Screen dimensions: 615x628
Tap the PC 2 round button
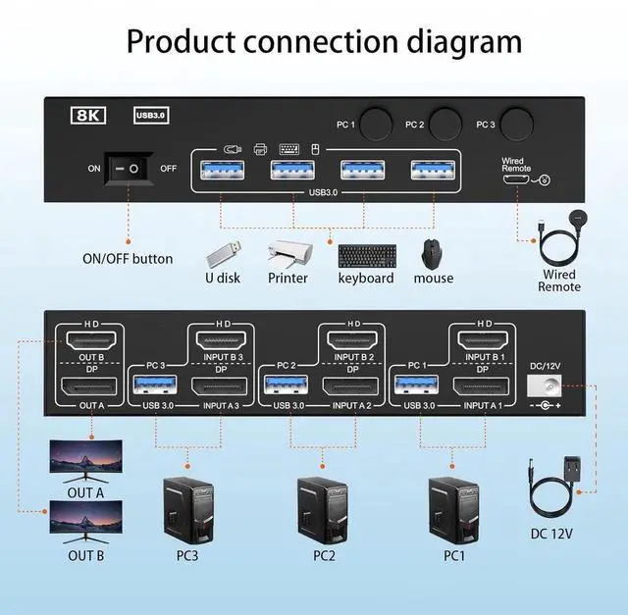coord(445,125)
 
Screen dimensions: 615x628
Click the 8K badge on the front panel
coord(90,115)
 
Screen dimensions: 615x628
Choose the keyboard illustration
coord(365,255)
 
